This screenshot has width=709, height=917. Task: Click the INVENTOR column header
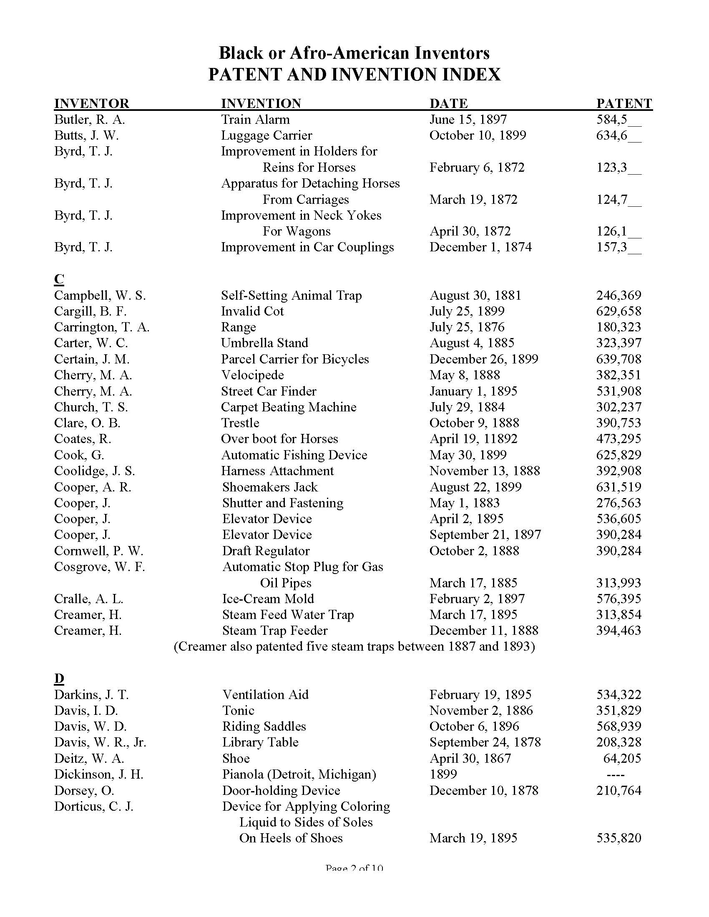point(92,103)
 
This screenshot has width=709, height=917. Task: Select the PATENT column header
point(624,103)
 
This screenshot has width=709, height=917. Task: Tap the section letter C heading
point(59,279)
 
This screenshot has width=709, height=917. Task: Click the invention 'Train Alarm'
point(255,120)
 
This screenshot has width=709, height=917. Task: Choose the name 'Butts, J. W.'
point(86,135)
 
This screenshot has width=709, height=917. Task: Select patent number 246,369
point(618,296)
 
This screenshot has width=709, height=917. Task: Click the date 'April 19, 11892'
point(473,439)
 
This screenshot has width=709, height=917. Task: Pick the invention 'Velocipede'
point(252,375)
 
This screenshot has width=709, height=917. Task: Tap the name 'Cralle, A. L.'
point(88,599)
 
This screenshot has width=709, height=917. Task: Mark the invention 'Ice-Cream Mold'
point(268,599)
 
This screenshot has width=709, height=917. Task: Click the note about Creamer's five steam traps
point(354,646)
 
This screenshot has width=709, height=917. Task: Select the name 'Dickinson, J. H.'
point(99,774)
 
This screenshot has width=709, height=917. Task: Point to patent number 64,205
point(622,758)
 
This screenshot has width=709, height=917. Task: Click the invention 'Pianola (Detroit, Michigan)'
point(299,774)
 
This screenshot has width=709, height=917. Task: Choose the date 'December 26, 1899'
point(483,359)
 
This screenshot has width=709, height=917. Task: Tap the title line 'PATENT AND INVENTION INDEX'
point(354,75)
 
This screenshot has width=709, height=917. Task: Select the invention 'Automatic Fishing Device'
point(294,455)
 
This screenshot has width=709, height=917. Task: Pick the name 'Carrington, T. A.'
point(102,327)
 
